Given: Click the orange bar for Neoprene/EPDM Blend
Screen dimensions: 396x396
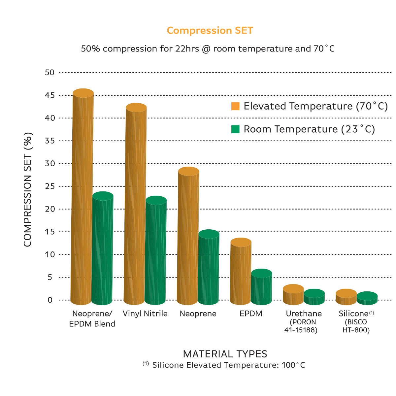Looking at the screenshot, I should click(82, 198).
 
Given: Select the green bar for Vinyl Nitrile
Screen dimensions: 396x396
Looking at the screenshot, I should click(156, 251).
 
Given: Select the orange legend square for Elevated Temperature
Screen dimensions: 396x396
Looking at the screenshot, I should click(235, 106).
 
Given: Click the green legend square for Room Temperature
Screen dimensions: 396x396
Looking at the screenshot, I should click(235, 129).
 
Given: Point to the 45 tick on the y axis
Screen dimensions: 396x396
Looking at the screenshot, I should click(49, 95).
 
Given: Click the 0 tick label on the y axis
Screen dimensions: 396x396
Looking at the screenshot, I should click(50, 300).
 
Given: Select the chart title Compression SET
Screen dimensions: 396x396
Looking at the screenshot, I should click(210, 30).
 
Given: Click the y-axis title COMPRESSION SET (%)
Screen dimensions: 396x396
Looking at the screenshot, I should click(28, 189).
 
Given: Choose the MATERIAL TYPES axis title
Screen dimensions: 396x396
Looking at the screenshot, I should click(225, 354).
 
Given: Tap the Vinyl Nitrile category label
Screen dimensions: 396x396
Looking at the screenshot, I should click(145, 313).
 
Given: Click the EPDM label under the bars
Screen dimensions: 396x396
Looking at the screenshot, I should click(251, 313).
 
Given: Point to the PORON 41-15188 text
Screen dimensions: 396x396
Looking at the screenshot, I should click(301, 326).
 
